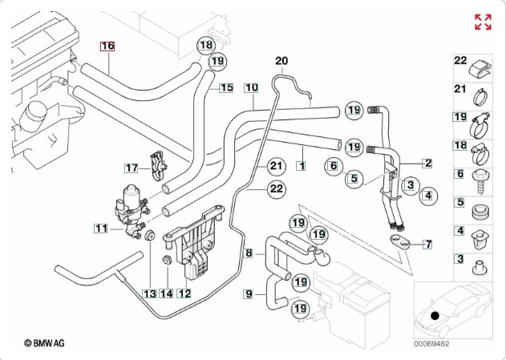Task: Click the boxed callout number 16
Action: pos(107,47)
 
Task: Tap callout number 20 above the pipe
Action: pos(281,61)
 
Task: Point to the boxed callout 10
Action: pos(251,87)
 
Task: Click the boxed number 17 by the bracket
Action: pos(132,168)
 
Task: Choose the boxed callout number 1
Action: pos(301,166)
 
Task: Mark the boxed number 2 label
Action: pos(428,164)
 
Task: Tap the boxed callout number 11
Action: pos(100,229)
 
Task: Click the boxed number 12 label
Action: pos(184,293)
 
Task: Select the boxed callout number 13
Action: pos(149,293)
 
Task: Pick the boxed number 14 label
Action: pos(166,293)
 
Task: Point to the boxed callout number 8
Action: pos(249,253)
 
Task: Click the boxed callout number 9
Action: pos(249,294)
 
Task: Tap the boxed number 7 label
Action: pos(428,243)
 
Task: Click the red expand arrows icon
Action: pos(483,22)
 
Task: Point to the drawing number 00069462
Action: pos(431,343)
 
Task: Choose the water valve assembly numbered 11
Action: pos(128,207)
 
